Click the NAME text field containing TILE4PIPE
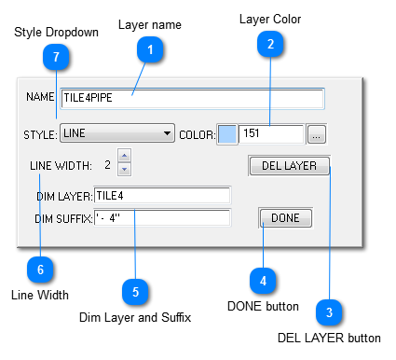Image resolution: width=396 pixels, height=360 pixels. tap(192, 98)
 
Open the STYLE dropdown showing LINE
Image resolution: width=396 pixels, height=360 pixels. tap(117, 133)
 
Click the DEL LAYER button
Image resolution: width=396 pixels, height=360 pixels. tap(289, 166)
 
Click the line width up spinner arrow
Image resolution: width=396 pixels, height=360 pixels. tap(125, 156)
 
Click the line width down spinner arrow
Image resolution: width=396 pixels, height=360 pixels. tap(125, 169)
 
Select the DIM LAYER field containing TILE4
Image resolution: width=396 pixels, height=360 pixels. tap(162, 195)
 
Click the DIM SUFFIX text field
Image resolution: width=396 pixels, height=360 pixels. tap(162, 218)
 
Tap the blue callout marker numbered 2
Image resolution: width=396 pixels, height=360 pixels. tap(270, 43)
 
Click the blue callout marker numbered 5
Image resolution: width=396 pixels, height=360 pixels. tap(136, 291)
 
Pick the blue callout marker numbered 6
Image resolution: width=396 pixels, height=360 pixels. tap(39, 270)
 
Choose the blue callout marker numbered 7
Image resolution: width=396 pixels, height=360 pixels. tap(56, 58)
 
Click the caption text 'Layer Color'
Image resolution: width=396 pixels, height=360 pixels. tap(270, 19)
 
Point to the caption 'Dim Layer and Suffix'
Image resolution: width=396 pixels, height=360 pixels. tap(135, 318)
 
